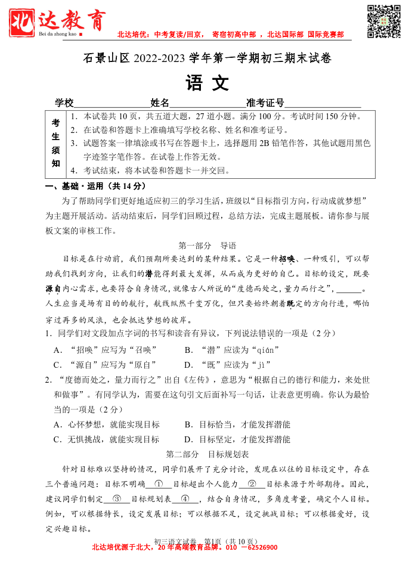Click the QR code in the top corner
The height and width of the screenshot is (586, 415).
coord(383,21)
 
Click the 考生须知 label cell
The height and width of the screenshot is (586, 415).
coord(55,144)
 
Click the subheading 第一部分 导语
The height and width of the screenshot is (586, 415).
coord(207,245)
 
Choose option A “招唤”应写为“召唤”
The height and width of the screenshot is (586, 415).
coord(105,349)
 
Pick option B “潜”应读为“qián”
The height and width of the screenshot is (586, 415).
coord(232,349)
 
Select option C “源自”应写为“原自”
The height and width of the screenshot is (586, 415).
coord(105,364)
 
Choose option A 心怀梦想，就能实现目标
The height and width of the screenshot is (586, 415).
coord(107,424)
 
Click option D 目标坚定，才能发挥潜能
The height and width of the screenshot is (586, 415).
coord(237,439)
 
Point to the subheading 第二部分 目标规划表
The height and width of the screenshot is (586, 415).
coord(207,454)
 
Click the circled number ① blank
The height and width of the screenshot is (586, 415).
coord(159,484)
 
